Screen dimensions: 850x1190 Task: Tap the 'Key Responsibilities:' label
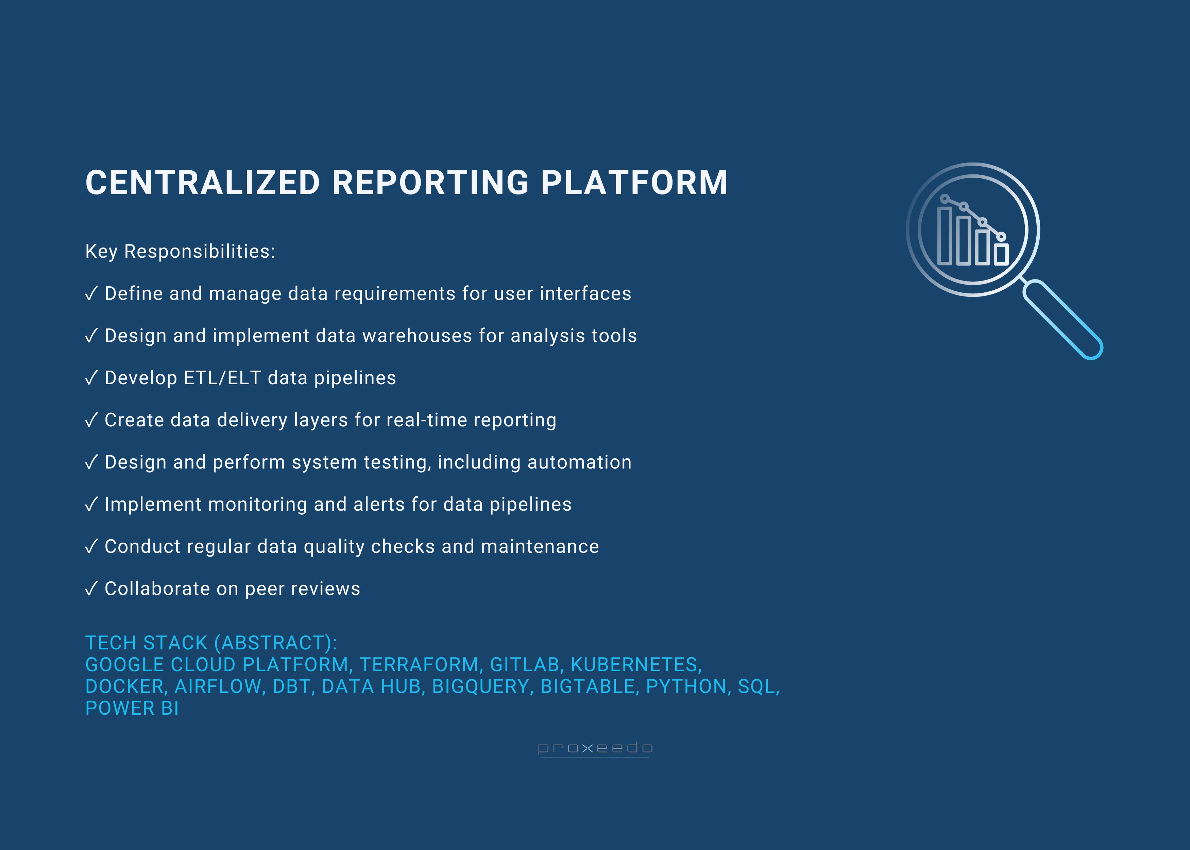point(180,251)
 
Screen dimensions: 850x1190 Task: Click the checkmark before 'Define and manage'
point(91,294)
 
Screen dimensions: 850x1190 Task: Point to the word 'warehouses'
point(417,336)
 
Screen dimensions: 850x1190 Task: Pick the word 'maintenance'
point(540,546)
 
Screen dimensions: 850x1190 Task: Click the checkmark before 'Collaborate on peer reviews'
point(91,589)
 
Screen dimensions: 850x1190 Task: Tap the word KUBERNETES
point(634,665)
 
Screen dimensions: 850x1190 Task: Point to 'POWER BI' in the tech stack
point(132,709)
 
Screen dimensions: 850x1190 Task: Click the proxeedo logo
point(595,748)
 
